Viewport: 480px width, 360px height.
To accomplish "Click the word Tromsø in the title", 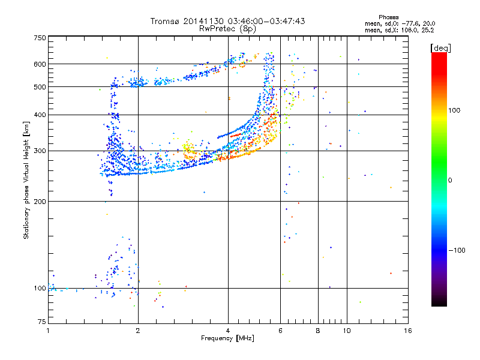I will pyautogui.click(x=165, y=21).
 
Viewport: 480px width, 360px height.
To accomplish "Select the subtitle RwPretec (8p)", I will pyautogui.click(x=228, y=28).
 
